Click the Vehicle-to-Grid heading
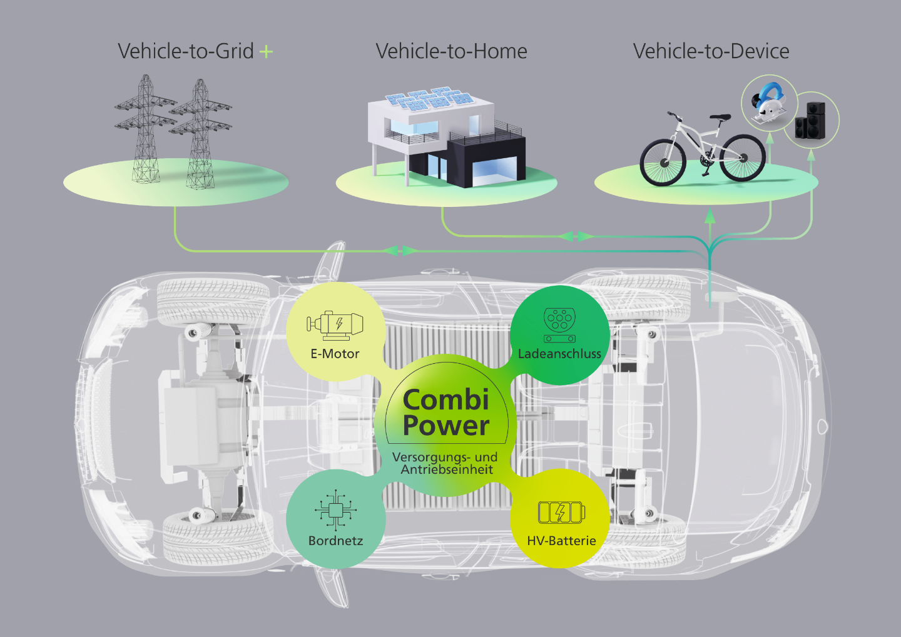[185, 51]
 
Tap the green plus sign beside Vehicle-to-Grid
[267, 51]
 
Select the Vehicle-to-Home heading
[451, 51]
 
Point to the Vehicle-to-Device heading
[711, 51]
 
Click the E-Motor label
[335, 354]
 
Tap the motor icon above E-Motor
[335, 324]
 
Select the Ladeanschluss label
[559, 354]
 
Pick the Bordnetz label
[335, 541]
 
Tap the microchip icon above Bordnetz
[336, 510]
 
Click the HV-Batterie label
[561, 541]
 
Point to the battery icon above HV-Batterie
[561, 513]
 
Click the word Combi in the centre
[445, 400]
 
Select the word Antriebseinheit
[447, 469]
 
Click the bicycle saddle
[720, 117]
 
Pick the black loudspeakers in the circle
[810, 120]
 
